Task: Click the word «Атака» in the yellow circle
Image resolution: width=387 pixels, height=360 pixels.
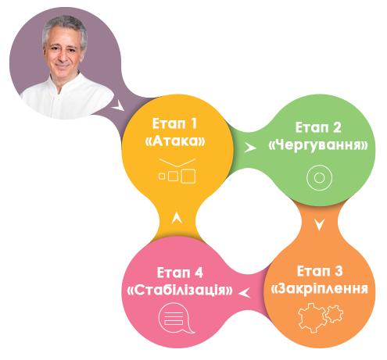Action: tap(175, 141)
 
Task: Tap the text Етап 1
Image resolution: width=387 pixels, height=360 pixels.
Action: tap(174, 123)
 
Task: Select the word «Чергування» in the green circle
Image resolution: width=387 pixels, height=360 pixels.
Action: tap(318, 144)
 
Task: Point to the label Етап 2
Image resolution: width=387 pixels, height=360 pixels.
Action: tap(318, 127)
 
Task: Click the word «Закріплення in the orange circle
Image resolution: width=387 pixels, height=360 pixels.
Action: tap(320, 289)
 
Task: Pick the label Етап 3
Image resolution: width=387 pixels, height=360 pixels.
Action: tap(320, 271)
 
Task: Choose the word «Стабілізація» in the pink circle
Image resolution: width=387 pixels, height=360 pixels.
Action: tap(180, 290)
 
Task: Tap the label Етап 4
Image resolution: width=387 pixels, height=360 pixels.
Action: tap(180, 273)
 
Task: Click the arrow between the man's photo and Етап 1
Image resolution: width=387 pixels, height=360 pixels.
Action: tap(118, 105)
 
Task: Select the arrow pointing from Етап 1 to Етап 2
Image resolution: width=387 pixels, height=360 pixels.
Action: tap(249, 148)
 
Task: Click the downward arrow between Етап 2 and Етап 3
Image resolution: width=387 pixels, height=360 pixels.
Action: tap(319, 224)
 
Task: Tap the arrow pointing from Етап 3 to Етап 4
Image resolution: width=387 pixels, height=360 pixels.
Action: tap(245, 293)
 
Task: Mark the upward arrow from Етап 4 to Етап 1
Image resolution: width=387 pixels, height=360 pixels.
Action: tap(177, 218)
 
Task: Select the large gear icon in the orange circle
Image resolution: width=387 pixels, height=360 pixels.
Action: tap(312, 318)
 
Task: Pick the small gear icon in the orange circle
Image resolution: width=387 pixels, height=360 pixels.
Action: tap(335, 314)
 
